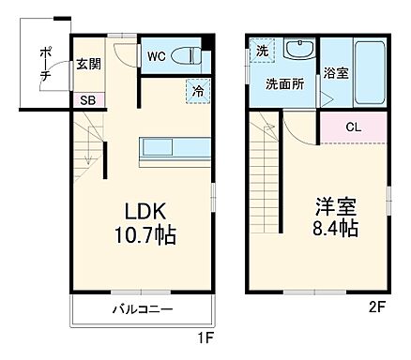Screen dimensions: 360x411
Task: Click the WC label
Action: click(156, 56)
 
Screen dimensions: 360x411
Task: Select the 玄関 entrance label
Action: click(89, 64)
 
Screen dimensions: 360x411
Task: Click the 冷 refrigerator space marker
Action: click(198, 91)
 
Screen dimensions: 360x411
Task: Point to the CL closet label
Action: click(353, 127)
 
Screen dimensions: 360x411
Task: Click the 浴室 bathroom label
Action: click(336, 71)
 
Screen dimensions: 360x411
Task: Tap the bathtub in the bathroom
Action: click(370, 72)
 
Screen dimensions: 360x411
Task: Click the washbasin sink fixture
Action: click(300, 51)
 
